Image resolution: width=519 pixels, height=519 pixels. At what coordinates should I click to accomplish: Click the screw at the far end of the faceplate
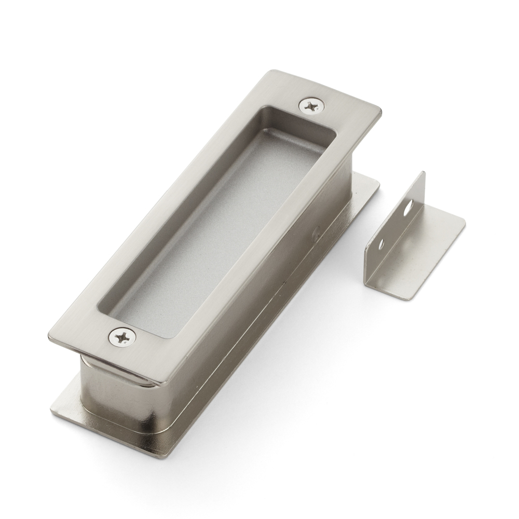[x=311, y=106]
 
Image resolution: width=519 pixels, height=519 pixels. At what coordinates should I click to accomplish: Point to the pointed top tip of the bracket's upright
[x=423, y=173]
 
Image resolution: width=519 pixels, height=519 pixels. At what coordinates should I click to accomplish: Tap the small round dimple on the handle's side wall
[x=315, y=235]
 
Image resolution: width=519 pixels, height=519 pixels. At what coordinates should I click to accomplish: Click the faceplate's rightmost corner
[x=380, y=112]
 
